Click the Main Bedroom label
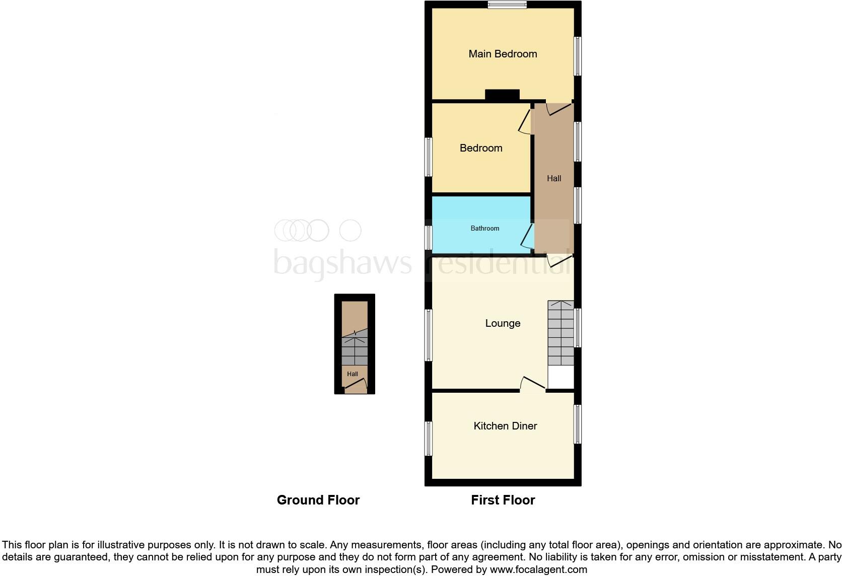coord(503,54)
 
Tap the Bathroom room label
coord(484,229)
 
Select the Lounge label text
coord(503,323)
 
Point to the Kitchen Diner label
coord(505,426)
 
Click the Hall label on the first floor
coord(554,178)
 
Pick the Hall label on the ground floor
coord(353,374)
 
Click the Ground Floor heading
coord(318,500)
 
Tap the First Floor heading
coord(503,500)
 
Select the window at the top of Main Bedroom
coord(507,5)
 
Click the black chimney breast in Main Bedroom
coord(502,95)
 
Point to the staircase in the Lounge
coord(560,333)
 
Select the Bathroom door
coord(527,236)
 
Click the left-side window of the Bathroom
coord(429,238)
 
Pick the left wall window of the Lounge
coord(429,335)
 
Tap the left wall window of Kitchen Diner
coord(429,438)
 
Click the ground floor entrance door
coord(356,387)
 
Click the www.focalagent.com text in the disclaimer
coord(538,569)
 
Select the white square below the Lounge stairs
coord(560,377)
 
